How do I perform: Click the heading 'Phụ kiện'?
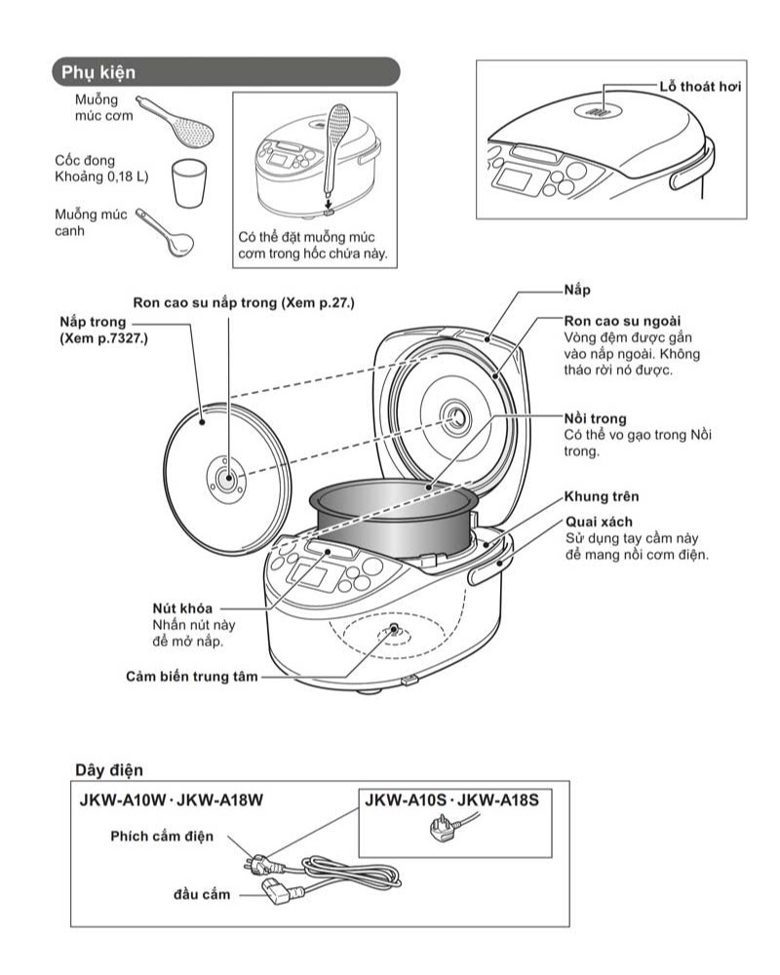[98, 72]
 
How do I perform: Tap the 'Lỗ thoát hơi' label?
[701, 87]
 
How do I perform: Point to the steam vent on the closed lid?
[599, 114]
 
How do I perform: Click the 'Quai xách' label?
[594, 522]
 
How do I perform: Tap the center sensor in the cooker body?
[394, 629]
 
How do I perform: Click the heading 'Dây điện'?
[109, 770]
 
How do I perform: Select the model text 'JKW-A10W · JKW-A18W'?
[173, 800]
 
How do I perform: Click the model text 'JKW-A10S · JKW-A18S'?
[451, 800]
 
